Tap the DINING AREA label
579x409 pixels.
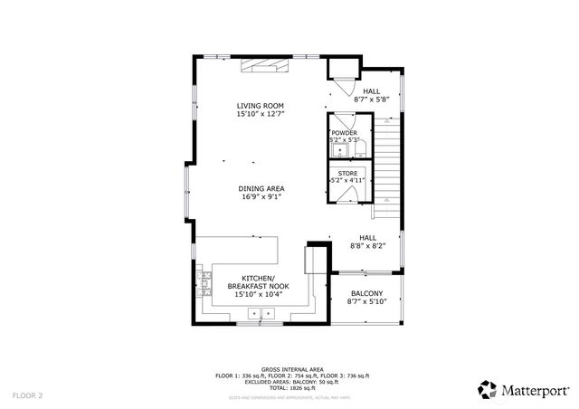tap(262, 188)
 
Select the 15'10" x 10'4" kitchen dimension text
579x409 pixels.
tap(259, 294)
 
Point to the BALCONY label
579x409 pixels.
tap(366, 293)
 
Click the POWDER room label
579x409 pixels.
tap(344, 132)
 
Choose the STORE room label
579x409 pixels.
tap(347, 173)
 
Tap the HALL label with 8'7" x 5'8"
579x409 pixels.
tap(372, 91)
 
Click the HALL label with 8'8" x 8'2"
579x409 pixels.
tap(368, 237)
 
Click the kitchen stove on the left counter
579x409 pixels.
tap(206, 284)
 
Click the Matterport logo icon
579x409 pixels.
tap(488, 389)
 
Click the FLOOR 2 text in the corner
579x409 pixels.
tap(27, 395)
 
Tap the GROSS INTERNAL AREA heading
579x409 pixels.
tap(292, 369)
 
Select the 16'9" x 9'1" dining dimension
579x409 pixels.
tap(262, 196)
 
